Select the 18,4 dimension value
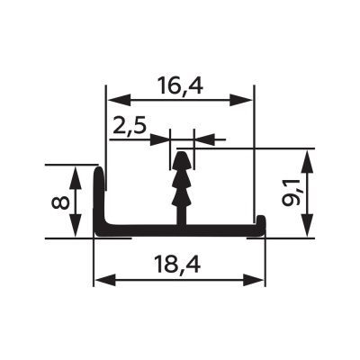click(177, 265)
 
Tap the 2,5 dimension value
click(130, 127)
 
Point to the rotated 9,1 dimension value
click(291, 193)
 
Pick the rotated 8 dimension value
click(61, 203)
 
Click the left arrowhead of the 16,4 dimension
click(120, 100)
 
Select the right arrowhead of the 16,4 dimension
click(240, 100)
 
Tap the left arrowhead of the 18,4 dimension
click(105, 280)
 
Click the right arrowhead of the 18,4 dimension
click(254, 280)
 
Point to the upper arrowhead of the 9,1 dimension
click(307, 161)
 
